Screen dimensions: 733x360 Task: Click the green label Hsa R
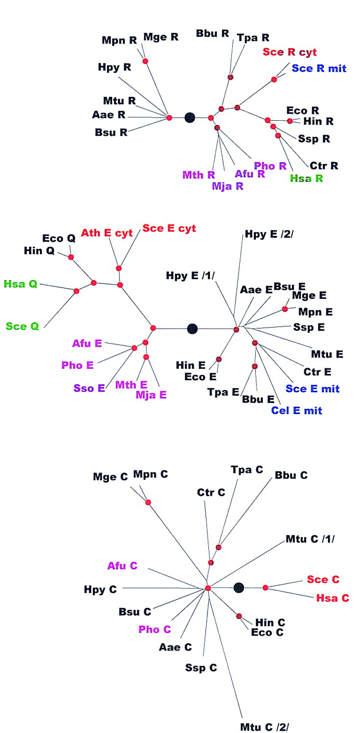[x=306, y=178]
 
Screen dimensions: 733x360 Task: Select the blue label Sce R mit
[x=319, y=68]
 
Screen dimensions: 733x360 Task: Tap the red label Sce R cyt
[x=289, y=52]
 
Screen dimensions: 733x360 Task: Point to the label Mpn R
[x=119, y=40]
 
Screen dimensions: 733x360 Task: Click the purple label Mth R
[x=199, y=174]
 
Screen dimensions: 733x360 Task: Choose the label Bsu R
[x=111, y=133]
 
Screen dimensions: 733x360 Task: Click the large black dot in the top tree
[x=190, y=117]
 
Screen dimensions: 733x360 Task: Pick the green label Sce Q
[x=22, y=326]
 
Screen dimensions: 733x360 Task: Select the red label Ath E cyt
[x=106, y=232]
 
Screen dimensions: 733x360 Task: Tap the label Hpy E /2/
[x=267, y=233]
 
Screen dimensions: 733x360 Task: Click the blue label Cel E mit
[x=296, y=410]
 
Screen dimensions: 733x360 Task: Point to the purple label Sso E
[x=89, y=388]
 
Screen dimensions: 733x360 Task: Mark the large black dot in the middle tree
[x=192, y=328]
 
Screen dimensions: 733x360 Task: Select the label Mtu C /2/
[x=265, y=727]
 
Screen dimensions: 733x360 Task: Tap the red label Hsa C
[x=333, y=598]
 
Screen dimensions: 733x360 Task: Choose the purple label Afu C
[x=122, y=566]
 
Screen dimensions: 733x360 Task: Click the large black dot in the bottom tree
[x=239, y=588]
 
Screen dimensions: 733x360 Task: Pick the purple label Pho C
[x=155, y=629]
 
